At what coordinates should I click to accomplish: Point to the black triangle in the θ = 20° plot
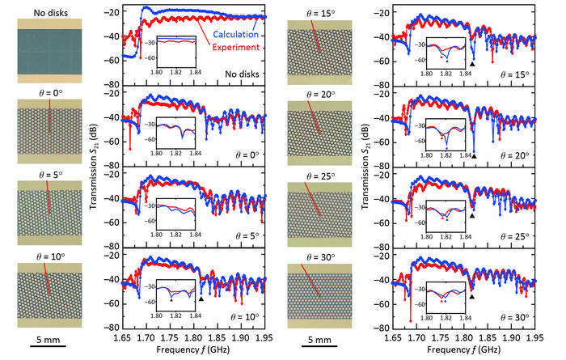475,155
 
